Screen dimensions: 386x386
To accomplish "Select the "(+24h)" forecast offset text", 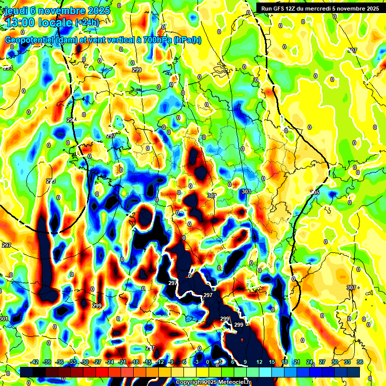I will click(x=87, y=22).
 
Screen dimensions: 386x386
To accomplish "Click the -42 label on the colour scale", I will click(x=35, y=362).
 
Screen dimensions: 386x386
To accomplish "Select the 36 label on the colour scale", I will click(x=360, y=362).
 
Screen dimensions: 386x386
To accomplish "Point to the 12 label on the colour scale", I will click(x=259, y=362).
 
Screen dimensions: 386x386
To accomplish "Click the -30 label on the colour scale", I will click(x=84, y=362).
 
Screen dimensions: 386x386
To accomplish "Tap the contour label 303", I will click(x=246, y=192).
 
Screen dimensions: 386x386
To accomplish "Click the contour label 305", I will click(x=315, y=193).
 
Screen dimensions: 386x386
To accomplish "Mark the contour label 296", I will click(x=71, y=120).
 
